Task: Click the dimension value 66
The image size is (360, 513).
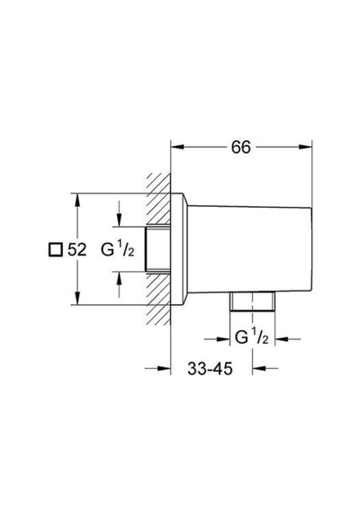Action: point(241,148)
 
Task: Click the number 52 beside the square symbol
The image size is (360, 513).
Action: point(76,250)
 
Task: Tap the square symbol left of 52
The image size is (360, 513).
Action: point(55,250)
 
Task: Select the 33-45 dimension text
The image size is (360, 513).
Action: point(210,369)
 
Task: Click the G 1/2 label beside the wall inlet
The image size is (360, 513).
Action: point(118,250)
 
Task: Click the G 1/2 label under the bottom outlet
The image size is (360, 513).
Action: point(252,337)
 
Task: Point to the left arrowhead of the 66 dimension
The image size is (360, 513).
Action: point(177,148)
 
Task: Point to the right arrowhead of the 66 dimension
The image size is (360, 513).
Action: point(306,148)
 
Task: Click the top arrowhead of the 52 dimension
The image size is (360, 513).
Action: point(77,200)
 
